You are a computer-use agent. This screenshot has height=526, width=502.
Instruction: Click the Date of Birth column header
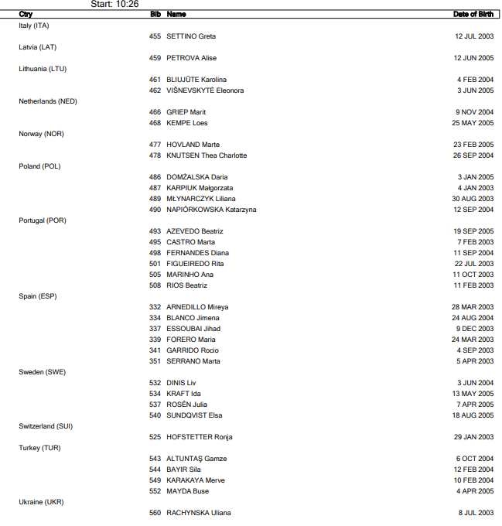[x=473, y=14]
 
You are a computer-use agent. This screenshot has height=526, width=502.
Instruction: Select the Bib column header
[x=155, y=14]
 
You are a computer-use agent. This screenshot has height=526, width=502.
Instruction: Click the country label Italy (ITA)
[x=35, y=26]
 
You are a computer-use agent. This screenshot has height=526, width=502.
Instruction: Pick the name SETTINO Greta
[x=191, y=36]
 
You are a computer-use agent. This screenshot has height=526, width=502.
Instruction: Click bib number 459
[x=155, y=58]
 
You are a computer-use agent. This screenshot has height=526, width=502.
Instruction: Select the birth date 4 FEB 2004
[x=475, y=80]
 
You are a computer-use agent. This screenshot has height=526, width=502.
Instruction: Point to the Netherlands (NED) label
[x=48, y=101]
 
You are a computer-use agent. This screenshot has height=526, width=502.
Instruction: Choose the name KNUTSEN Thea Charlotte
[x=207, y=155]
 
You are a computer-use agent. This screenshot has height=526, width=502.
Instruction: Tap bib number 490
[x=155, y=210]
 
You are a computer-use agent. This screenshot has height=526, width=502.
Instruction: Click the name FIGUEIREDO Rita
[x=195, y=264]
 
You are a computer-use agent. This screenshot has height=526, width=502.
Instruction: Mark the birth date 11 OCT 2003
[x=473, y=275]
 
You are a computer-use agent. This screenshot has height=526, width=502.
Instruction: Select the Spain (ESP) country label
[x=38, y=296]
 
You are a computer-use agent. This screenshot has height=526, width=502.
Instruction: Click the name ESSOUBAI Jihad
[x=193, y=329]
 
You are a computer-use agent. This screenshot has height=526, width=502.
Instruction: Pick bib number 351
[x=155, y=361]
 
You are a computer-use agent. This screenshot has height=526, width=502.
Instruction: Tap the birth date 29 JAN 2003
[x=473, y=437]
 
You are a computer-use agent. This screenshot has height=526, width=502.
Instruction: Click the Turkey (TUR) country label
[x=39, y=448]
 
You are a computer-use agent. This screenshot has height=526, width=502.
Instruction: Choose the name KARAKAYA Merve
[x=196, y=480]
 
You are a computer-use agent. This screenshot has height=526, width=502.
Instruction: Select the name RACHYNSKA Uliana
[x=199, y=513]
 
